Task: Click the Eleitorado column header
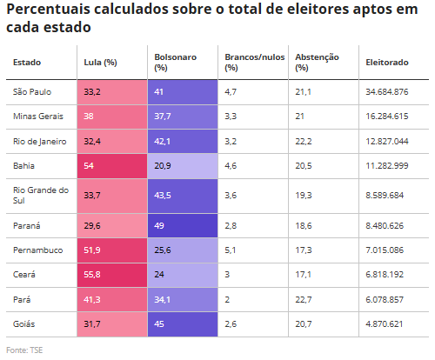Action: click(387, 63)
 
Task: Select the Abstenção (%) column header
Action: click(317, 63)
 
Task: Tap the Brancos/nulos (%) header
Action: click(255, 63)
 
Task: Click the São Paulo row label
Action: click(32, 92)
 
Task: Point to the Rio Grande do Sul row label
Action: click(41, 196)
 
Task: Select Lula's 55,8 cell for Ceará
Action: click(112, 275)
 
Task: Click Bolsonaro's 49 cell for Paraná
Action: click(183, 226)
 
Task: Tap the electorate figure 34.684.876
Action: click(387, 92)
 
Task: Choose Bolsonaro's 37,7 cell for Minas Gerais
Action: click(183, 117)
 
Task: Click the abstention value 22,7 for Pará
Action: click(304, 300)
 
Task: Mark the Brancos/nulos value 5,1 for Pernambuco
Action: click(231, 250)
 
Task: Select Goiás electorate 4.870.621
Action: click(385, 324)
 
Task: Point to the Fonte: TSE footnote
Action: click(24, 350)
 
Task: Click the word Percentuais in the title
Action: click(48, 10)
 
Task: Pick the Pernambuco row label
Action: click(37, 250)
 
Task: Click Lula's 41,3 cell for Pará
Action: click(112, 300)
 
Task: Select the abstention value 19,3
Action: click(304, 196)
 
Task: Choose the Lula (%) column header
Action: click(100, 63)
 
